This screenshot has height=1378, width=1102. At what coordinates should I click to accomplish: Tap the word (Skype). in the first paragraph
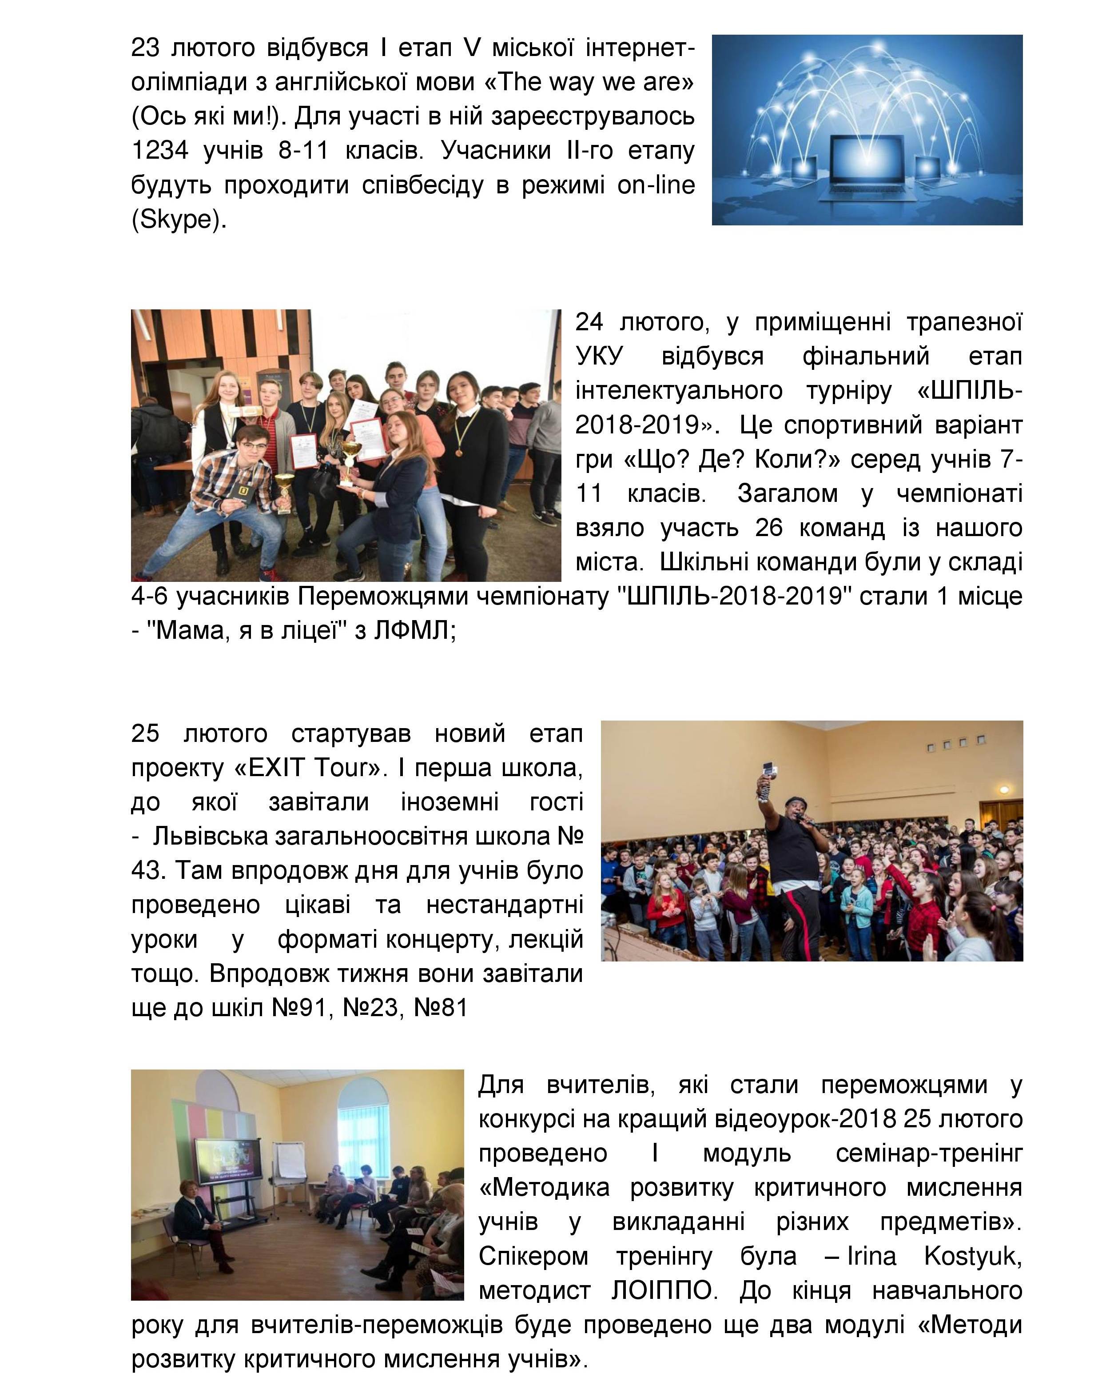[x=179, y=219]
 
